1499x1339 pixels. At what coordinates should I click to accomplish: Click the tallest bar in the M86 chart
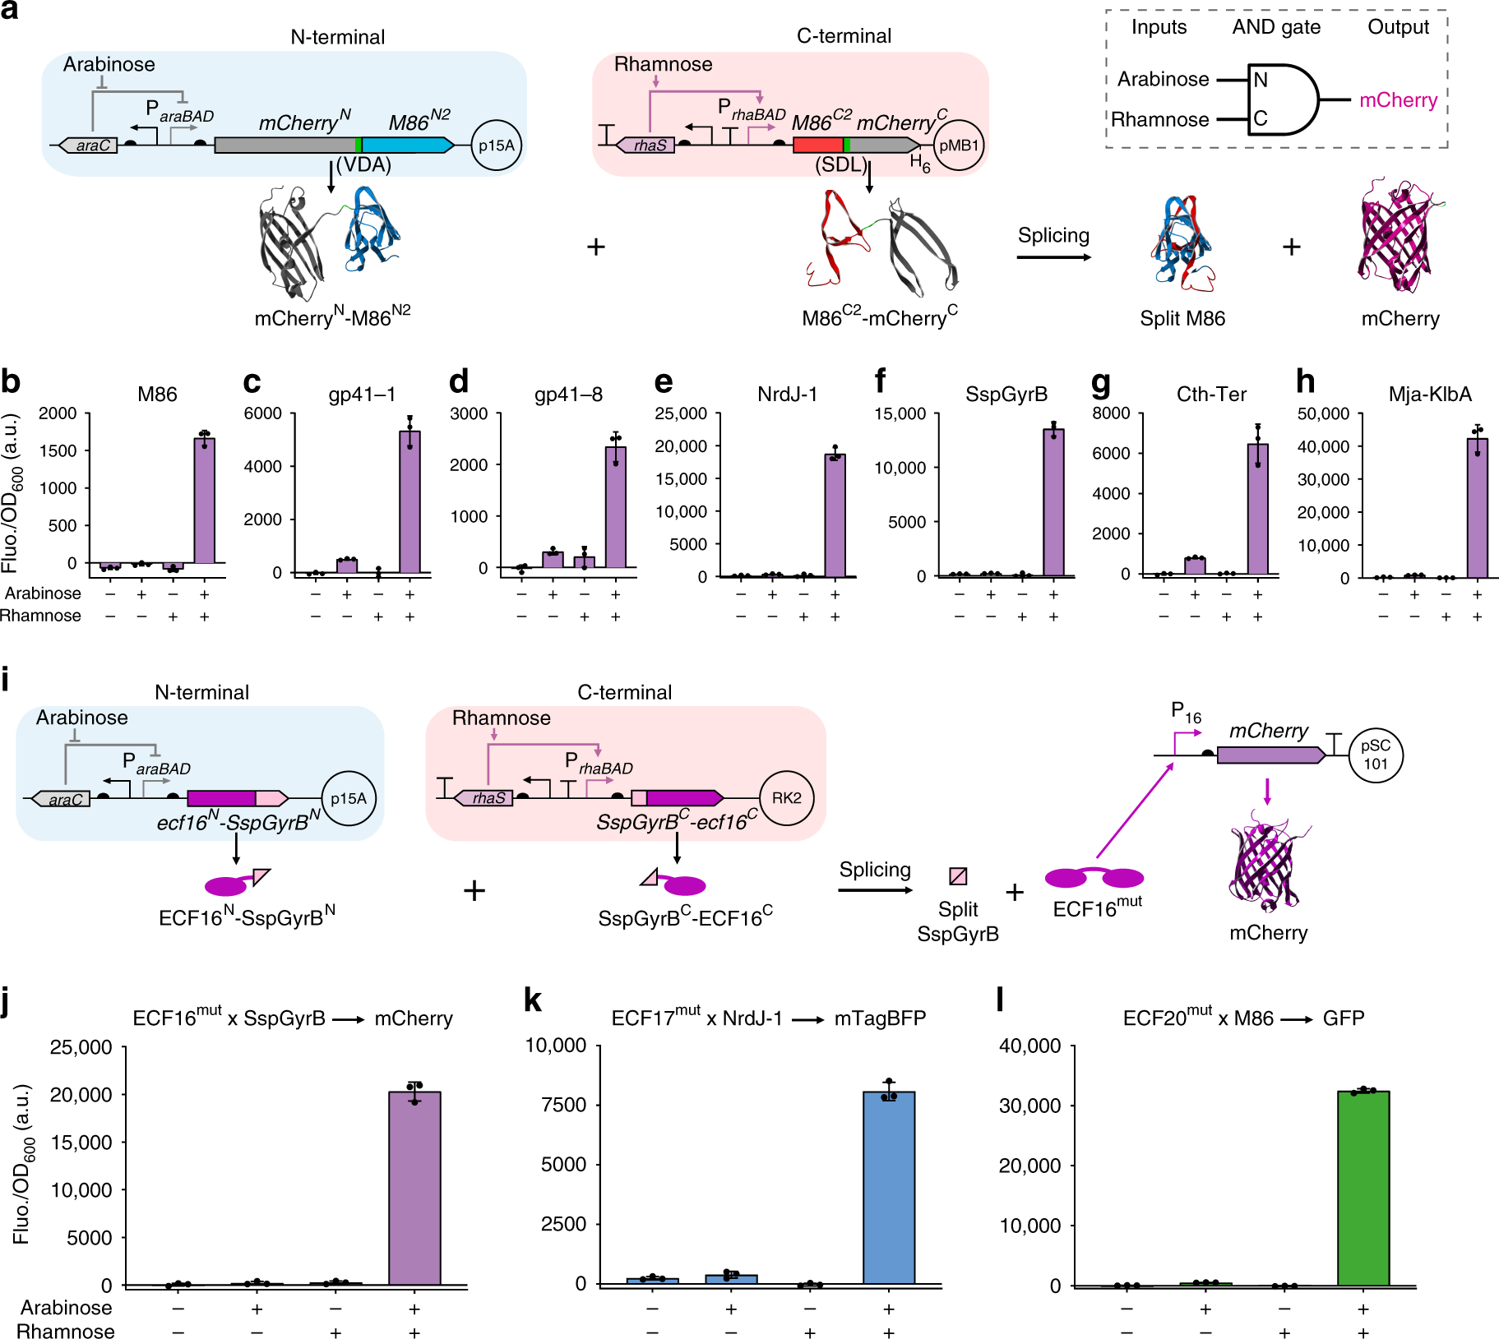click(204, 501)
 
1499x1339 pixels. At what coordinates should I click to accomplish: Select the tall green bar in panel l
click(1363, 1188)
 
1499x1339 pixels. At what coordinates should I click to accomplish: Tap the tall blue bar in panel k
click(888, 1188)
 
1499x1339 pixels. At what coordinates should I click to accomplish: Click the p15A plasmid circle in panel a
click(496, 145)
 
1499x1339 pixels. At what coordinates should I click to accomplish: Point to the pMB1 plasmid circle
click(959, 145)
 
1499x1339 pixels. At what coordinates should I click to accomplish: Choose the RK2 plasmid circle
click(786, 797)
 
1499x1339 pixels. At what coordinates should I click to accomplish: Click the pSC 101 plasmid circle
click(1375, 755)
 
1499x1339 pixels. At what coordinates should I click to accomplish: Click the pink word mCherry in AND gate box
click(1398, 100)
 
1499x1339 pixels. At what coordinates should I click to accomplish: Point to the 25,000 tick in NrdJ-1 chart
click(681, 413)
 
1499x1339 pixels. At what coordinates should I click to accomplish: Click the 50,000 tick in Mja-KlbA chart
click(1323, 413)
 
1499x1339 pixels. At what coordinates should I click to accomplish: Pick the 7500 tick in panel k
click(563, 1105)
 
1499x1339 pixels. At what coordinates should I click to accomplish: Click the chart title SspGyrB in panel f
click(1006, 395)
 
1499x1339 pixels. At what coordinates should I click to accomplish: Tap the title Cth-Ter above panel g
click(1211, 395)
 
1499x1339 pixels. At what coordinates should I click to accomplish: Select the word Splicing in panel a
click(1053, 236)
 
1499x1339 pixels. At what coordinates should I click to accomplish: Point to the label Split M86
click(1182, 319)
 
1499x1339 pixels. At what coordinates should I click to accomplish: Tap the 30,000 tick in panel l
click(1029, 1106)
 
